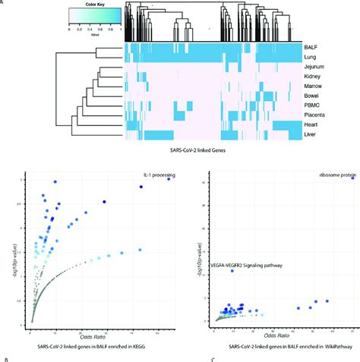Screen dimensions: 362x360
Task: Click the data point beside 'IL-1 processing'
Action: point(169,178)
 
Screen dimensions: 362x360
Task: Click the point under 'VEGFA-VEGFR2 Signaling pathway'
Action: point(232,271)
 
